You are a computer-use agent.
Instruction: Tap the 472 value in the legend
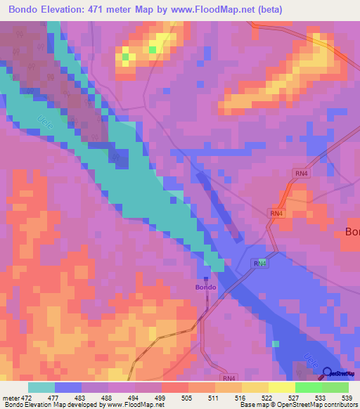tap(29, 397)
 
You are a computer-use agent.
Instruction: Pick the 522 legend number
tap(267, 397)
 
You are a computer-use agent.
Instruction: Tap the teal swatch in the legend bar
tap(41, 387)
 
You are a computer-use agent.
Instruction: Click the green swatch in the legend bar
tap(308, 387)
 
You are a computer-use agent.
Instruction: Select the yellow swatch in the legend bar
tap(281, 387)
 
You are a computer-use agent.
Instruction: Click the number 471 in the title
tap(115, 10)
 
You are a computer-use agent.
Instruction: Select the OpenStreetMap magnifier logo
tap(328, 372)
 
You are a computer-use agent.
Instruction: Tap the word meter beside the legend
tap(11, 397)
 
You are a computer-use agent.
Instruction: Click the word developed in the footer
tap(77, 405)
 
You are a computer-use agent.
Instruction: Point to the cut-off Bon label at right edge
tap(352, 232)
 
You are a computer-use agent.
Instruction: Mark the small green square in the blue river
tap(276, 344)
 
